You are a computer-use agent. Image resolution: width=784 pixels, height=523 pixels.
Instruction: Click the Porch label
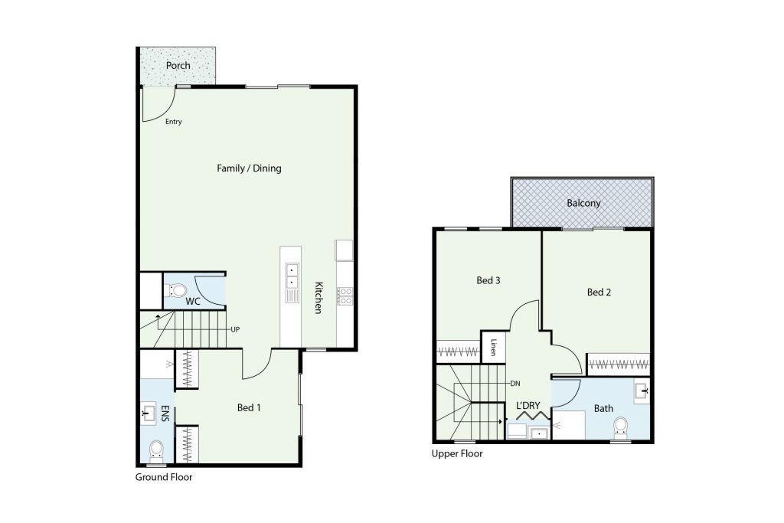pos(178,66)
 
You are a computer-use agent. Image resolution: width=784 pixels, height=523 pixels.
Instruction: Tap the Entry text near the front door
pos(174,122)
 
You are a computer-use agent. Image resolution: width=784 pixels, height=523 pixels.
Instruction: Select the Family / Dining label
pos(249,168)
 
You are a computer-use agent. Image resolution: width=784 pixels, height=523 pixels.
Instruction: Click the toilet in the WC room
pos(175,290)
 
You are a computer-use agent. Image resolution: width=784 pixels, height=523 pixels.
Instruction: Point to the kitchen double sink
pos(292,276)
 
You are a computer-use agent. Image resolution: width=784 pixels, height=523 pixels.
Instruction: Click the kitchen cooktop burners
pos(345,296)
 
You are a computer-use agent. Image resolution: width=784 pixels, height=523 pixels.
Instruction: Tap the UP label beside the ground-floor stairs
pos(235,329)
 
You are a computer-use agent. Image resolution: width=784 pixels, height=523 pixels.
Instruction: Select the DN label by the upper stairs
pos(515,384)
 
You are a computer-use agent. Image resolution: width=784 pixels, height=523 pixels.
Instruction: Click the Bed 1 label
pos(249,408)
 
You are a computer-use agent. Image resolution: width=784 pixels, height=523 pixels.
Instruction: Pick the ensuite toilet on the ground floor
pos(156,451)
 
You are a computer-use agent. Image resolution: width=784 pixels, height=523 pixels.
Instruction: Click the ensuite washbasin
pos(148,413)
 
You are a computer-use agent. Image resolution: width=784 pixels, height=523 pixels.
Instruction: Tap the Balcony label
pos(583,203)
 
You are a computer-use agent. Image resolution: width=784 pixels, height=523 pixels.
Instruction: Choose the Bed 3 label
pos(488,280)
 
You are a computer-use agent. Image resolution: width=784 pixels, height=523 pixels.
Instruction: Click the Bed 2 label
pos(599,293)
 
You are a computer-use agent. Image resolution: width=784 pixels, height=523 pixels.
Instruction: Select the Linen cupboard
pos(493,347)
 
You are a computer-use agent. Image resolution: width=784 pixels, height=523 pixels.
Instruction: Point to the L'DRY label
pos(528,406)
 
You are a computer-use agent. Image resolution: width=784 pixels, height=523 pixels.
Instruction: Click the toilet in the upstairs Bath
pos(620,429)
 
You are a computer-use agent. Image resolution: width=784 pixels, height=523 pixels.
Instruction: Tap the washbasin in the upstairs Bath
pos(641,391)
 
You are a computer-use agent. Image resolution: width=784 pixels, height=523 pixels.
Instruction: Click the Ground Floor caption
pos(164,477)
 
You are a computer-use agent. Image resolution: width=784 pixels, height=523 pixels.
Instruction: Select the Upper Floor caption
pos(457,454)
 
